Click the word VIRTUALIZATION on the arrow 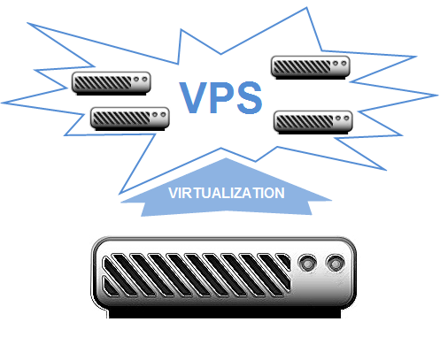pyautogui.click(x=227, y=193)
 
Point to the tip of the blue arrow pyautogui.click(x=226, y=158)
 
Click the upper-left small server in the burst pyautogui.click(x=112, y=83)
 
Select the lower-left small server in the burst pyautogui.click(x=130, y=119)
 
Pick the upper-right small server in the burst pyautogui.click(x=311, y=67)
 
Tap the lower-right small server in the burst pyautogui.click(x=313, y=122)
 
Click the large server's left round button pyautogui.click(x=307, y=264)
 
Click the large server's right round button pyautogui.click(x=336, y=264)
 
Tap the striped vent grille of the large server pyautogui.click(x=197, y=275)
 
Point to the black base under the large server pyautogui.click(x=225, y=313)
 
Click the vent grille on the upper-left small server pyautogui.click(x=103, y=83)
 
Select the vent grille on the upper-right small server pyautogui.click(x=302, y=67)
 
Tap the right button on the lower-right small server pyautogui.click(x=346, y=119)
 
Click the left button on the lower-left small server pyautogui.click(x=155, y=115)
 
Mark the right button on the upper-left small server pyautogui.click(x=144, y=80)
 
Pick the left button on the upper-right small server pyautogui.click(x=336, y=64)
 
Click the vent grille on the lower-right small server pyautogui.click(x=305, y=122)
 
